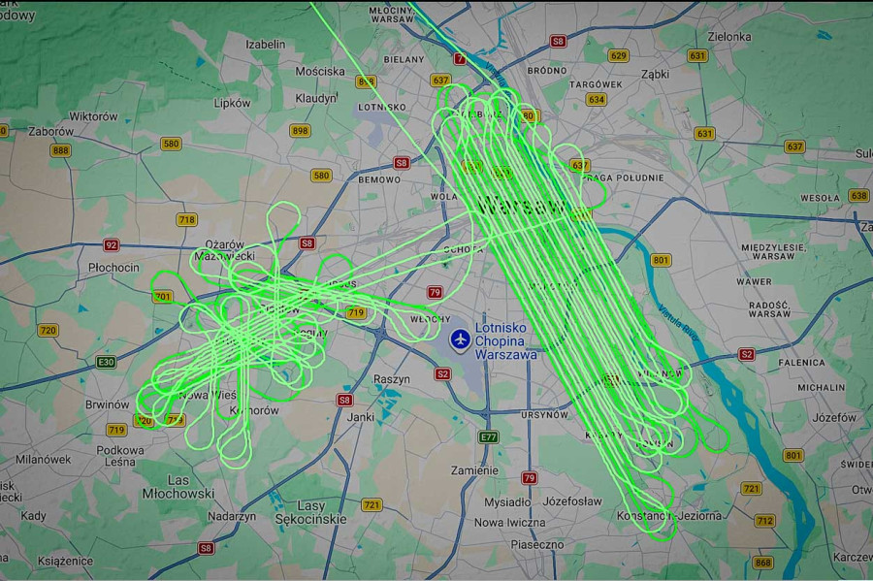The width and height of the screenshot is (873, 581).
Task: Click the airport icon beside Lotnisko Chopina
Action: pyautogui.click(x=461, y=340)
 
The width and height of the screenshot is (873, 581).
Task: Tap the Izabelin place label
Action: pyautogui.click(x=266, y=44)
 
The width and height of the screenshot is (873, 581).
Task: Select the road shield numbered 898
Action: pyautogui.click(x=301, y=131)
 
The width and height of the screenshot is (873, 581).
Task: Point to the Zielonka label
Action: pyautogui.click(x=730, y=37)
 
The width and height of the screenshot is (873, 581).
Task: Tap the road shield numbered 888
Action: pyautogui.click(x=61, y=150)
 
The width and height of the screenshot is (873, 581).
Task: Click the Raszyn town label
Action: pyautogui.click(x=392, y=379)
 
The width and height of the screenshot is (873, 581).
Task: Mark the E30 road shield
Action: pyautogui.click(x=106, y=362)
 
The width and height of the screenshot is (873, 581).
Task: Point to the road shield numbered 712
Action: pyautogui.click(x=764, y=521)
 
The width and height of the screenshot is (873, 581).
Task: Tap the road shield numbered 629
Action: pyautogui.click(x=618, y=55)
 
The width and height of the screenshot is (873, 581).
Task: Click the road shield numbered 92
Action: pyautogui.click(x=112, y=245)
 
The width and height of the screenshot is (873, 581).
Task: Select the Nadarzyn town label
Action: pyautogui.click(x=232, y=516)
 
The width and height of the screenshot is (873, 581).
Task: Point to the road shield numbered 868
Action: pyautogui.click(x=763, y=563)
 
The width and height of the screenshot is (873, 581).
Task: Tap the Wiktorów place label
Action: pyautogui.click(x=94, y=116)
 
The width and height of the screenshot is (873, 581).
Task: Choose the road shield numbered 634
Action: pyautogui.click(x=596, y=99)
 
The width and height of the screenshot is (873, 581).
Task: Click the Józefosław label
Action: pyautogui.click(x=571, y=502)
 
